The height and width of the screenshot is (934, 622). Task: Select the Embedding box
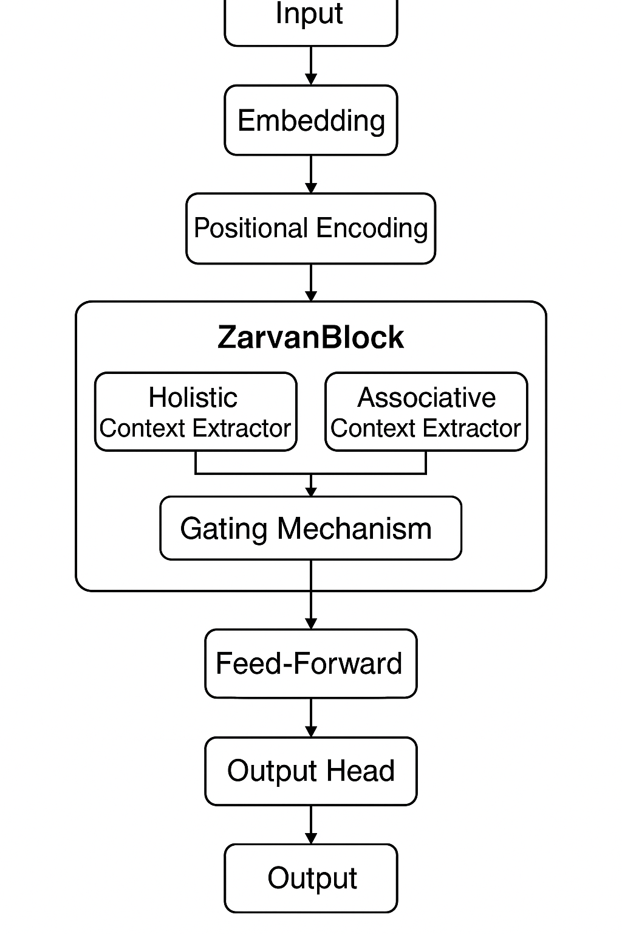(x=310, y=120)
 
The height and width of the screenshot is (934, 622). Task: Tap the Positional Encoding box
(x=310, y=229)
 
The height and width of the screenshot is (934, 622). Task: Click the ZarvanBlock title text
(x=310, y=337)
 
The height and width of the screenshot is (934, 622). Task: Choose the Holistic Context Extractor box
(x=196, y=412)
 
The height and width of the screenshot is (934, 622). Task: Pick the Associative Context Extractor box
(x=426, y=412)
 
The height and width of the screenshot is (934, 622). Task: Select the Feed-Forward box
(x=310, y=663)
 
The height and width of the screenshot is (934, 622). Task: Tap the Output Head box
(x=310, y=771)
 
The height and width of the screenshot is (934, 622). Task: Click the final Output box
(x=310, y=878)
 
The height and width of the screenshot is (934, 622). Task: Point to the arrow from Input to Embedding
(x=311, y=66)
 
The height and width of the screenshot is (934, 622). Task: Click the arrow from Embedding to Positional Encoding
(x=311, y=175)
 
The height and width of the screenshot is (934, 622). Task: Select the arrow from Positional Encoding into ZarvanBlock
(x=311, y=283)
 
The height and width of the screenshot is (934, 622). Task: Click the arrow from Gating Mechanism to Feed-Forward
(x=311, y=596)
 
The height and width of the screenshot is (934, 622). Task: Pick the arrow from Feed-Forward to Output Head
(x=311, y=718)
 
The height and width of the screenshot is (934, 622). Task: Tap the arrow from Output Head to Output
(x=311, y=825)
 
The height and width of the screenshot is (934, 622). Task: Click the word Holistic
(x=193, y=398)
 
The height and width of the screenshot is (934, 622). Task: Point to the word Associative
(x=426, y=398)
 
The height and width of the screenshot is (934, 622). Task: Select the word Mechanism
(x=354, y=528)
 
